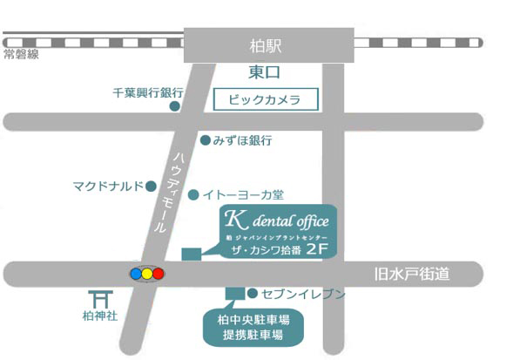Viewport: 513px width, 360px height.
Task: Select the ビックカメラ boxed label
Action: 264,99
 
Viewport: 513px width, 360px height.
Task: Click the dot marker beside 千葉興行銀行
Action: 174,106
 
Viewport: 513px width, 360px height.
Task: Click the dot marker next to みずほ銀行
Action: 205,139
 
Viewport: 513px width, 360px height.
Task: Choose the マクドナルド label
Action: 108,186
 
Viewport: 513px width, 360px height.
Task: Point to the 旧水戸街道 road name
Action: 413,275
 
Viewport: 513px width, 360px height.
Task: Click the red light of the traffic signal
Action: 159,274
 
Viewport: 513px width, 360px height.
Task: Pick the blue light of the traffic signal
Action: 135,274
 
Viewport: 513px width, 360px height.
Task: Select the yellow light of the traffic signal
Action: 146,274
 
